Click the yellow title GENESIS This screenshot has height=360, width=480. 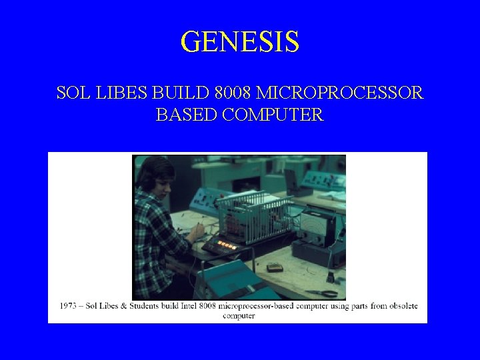[x=239, y=41]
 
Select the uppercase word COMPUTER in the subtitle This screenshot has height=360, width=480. [x=273, y=115]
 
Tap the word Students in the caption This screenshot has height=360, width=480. [x=140, y=306]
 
